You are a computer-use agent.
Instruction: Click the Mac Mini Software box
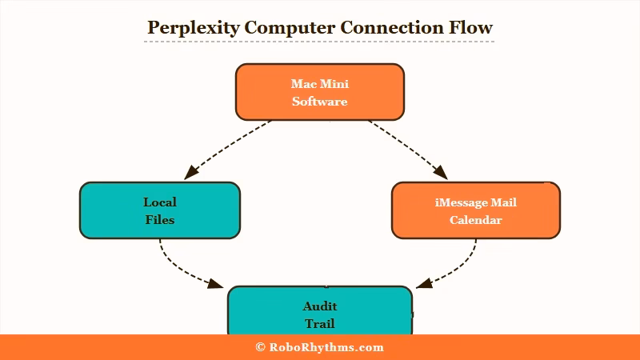tap(319, 92)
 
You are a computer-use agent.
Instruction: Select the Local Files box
tap(160, 210)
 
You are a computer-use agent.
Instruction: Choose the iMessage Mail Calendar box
tap(475, 210)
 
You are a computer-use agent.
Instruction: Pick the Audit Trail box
tap(319, 312)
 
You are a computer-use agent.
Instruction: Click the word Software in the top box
tap(319, 102)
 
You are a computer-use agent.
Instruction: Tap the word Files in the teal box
tap(160, 220)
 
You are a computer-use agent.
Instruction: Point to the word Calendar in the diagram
tap(475, 220)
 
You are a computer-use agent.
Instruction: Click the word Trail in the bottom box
tap(319, 324)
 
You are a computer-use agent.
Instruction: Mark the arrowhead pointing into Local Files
tap(190, 173)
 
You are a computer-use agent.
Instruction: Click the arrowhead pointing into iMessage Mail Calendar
tap(442, 173)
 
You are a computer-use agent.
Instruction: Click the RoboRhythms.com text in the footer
tap(326, 347)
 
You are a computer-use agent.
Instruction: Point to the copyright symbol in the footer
tap(260, 347)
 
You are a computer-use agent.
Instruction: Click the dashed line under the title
tap(319, 42)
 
